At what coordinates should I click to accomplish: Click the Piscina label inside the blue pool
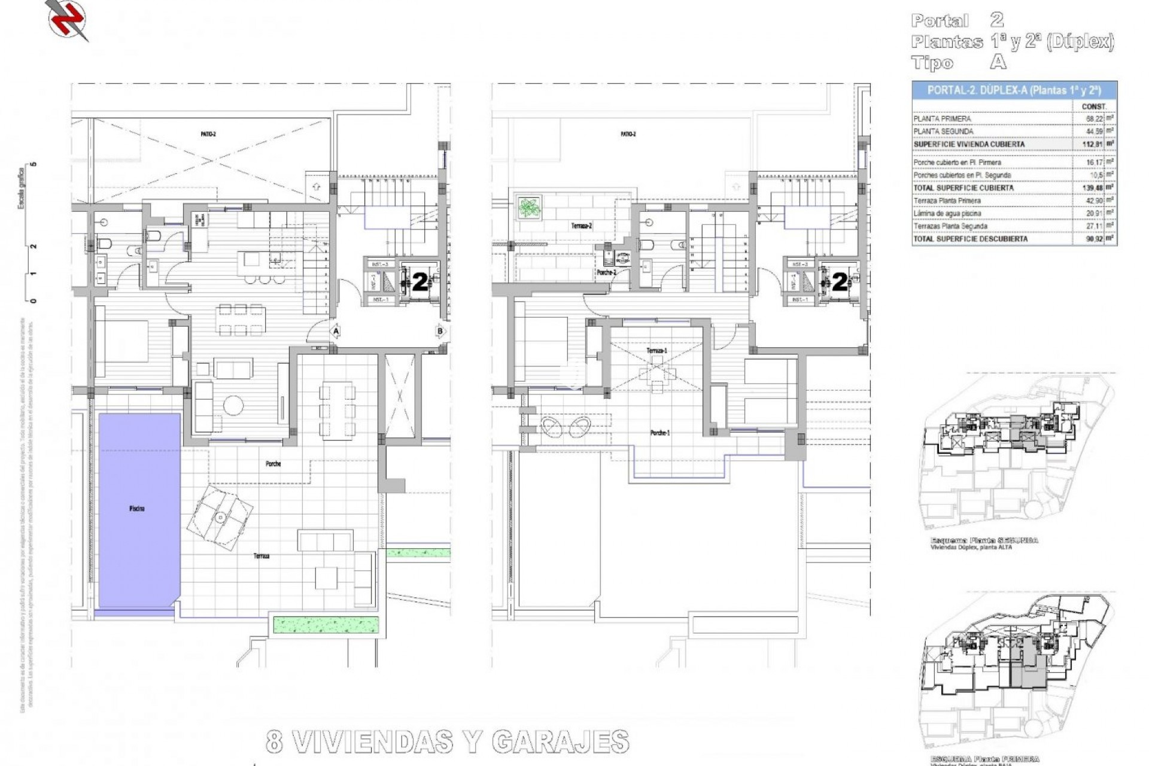136,509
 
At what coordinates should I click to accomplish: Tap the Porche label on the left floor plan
273,464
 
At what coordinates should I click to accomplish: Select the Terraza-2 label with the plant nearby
581,226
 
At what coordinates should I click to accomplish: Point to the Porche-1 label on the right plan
659,433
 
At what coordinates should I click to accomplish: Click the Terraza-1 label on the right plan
656,350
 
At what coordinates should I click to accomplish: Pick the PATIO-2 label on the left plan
208,134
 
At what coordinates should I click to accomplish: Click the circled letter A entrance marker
336,330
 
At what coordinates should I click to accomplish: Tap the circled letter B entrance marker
440,330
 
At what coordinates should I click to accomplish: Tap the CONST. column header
1094,107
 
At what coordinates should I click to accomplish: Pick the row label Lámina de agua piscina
947,213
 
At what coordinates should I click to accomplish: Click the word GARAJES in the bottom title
560,742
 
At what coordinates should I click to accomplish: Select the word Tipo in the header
932,63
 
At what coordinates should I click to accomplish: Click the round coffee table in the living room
233,405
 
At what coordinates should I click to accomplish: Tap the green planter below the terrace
326,624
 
